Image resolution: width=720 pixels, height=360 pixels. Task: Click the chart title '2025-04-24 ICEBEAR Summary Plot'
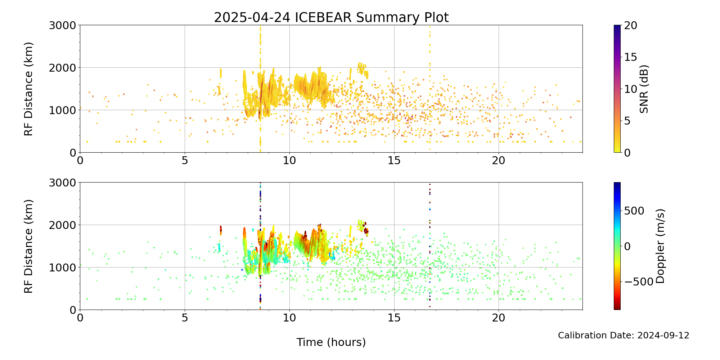click(x=331, y=17)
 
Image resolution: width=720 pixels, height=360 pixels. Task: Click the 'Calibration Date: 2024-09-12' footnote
click(x=624, y=336)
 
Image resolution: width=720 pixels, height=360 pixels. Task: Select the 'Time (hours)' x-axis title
click(x=331, y=342)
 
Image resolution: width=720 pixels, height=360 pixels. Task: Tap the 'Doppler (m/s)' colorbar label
click(x=660, y=246)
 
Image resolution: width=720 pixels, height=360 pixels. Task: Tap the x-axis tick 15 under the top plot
click(x=394, y=159)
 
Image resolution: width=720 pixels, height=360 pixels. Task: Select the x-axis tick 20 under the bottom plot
click(x=499, y=317)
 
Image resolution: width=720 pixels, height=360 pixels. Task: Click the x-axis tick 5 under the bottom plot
click(x=185, y=317)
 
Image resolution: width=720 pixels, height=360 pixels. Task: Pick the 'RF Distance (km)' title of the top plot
click(x=28, y=89)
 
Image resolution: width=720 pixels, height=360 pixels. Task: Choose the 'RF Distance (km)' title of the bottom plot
click(x=28, y=246)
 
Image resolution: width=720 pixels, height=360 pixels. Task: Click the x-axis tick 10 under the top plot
click(x=289, y=159)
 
